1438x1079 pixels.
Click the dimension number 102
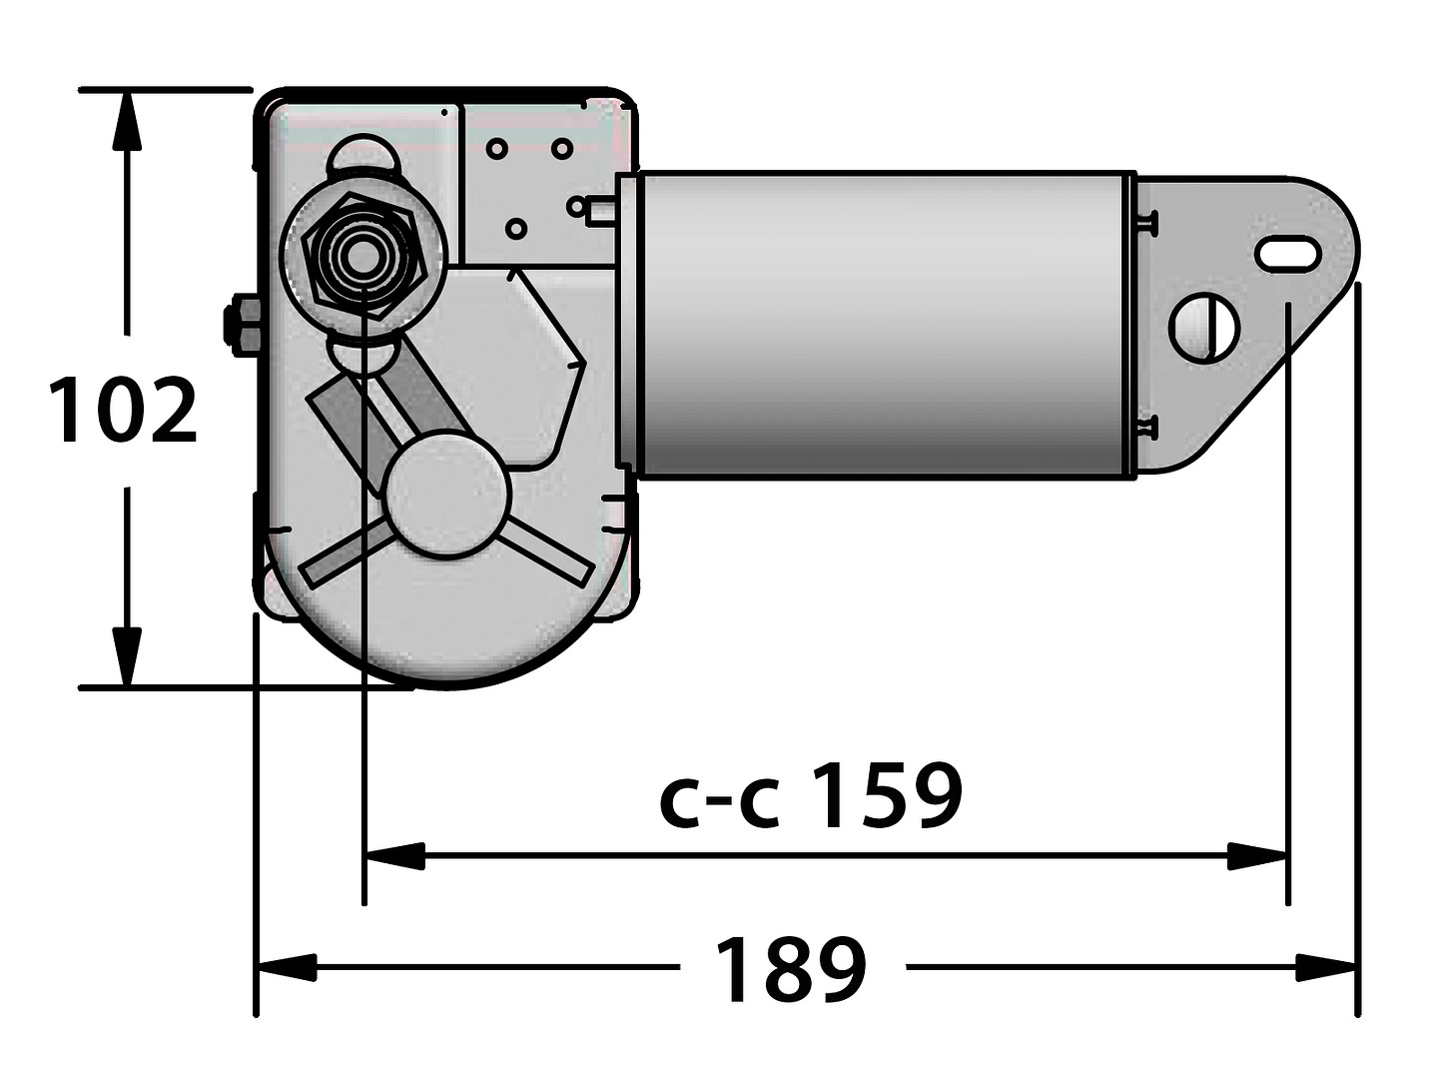(x=124, y=411)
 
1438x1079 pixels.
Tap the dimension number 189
(x=791, y=969)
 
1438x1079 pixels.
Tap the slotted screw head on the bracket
(x=1204, y=328)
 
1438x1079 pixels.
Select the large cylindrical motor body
(x=879, y=325)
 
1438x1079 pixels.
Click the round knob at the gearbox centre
(x=448, y=493)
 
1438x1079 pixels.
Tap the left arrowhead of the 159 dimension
(x=395, y=855)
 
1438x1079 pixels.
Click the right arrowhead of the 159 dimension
(x=1256, y=855)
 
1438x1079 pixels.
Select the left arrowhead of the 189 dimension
(x=288, y=967)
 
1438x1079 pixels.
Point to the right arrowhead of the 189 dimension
(x=1326, y=967)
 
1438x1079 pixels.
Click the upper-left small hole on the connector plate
(x=496, y=149)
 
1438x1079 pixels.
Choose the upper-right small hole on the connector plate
(x=561, y=149)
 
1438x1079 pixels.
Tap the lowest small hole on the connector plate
(x=515, y=229)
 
